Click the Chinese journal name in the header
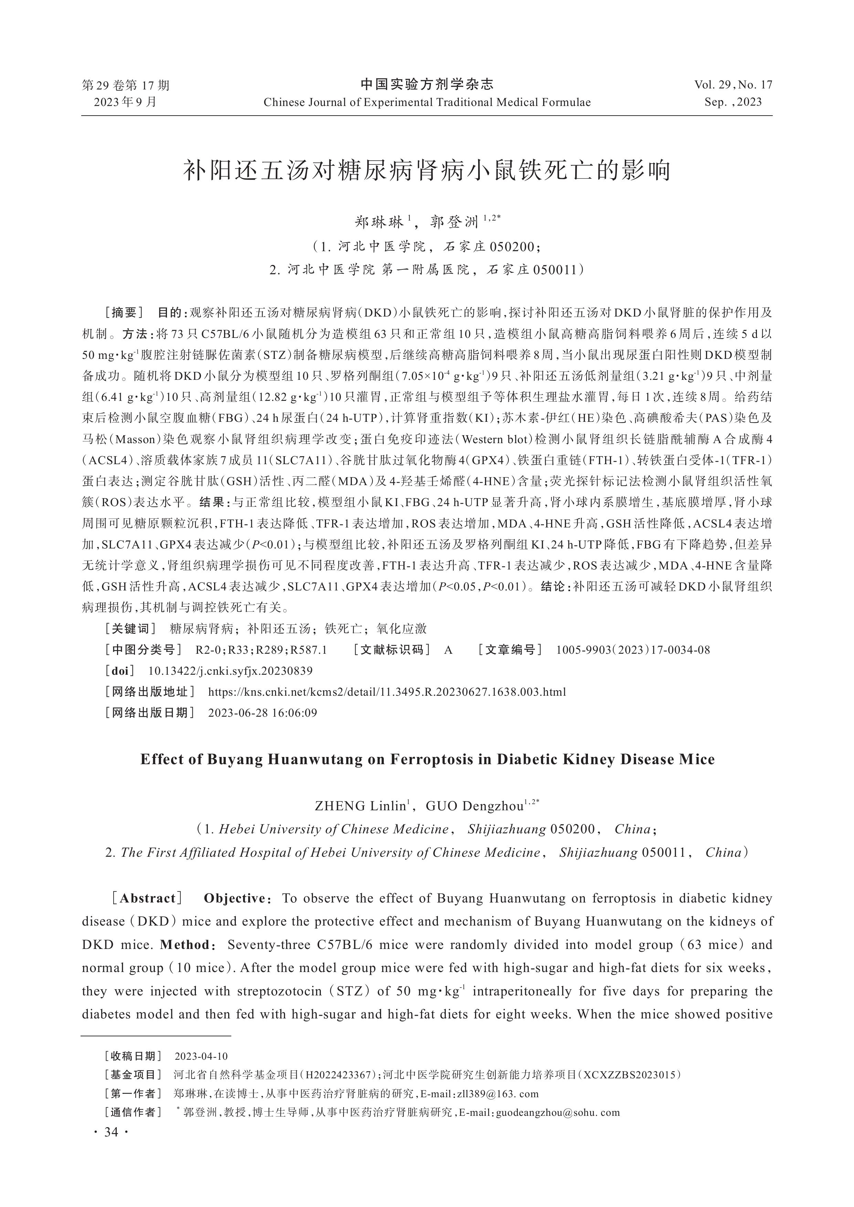pos(426,84)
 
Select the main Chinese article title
pos(426,171)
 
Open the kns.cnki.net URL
pos(387,692)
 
